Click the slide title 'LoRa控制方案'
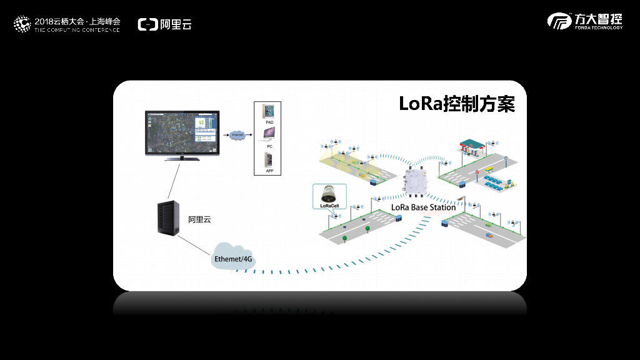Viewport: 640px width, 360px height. [x=457, y=104]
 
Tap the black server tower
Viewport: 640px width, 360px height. [x=169, y=217]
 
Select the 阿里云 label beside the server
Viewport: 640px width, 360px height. [x=200, y=219]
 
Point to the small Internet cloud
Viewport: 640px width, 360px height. [x=237, y=134]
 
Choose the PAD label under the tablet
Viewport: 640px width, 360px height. [x=269, y=122]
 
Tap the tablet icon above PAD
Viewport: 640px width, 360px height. [x=269, y=111]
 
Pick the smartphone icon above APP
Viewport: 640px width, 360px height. [x=269, y=159]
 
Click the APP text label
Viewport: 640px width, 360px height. [x=269, y=171]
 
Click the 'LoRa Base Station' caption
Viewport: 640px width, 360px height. [x=423, y=207]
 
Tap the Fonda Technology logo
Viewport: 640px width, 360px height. [x=585, y=21]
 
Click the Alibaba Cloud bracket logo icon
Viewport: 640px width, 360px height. [x=147, y=24]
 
